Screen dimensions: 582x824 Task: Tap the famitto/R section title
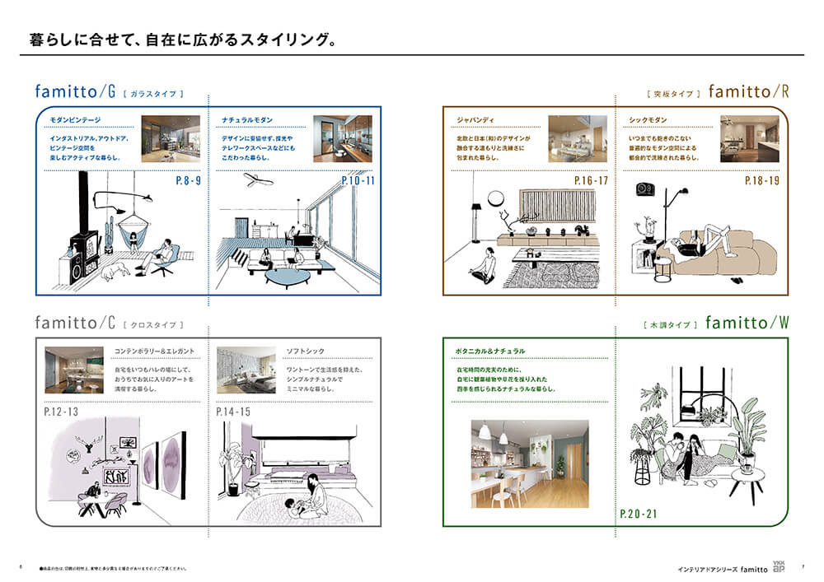pos(748,92)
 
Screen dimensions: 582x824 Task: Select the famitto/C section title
pos(76,323)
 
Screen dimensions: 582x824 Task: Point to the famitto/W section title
pos(747,323)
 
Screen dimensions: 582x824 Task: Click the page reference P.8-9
pos(189,180)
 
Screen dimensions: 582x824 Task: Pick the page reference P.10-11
pos(358,180)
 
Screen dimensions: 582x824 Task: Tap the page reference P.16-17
pos(591,180)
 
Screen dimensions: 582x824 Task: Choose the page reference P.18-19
pos(761,180)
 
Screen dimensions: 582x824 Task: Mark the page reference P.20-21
pos(639,515)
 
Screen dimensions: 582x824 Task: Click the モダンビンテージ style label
pos(75,121)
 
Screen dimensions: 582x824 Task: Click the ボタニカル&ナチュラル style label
pos(490,352)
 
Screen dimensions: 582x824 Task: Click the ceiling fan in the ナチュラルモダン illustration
pos(258,180)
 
